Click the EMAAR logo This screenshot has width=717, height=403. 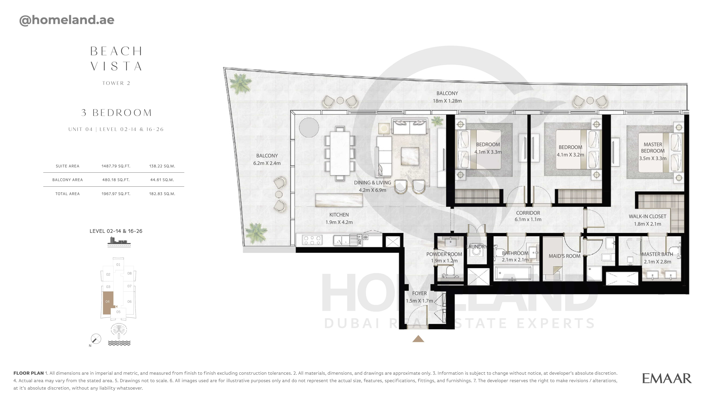pyautogui.click(x=667, y=379)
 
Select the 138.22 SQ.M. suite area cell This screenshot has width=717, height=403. pyautogui.click(x=162, y=166)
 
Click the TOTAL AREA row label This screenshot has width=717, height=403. pyautogui.click(x=67, y=194)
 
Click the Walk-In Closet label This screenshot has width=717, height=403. pyautogui.click(x=647, y=216)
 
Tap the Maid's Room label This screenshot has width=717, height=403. pyautogui.click(x=564, y=256)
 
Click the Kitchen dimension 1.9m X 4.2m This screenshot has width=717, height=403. pyautogui.click(x=339, y=222)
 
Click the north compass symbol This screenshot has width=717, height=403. pyautogui.click(x=96, y=339)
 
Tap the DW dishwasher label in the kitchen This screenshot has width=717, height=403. pyautogui.click(x=360, y=242)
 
